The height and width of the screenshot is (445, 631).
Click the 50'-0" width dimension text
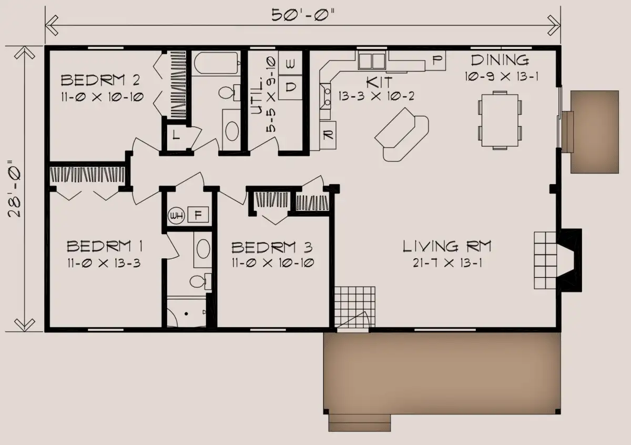[x=302, y=15]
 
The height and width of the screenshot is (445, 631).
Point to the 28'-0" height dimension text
[x=14, y=189]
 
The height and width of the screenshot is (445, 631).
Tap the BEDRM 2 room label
[x=100, y=80]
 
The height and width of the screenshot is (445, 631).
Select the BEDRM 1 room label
[x=105, y=246]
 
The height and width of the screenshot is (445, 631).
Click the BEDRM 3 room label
[x=272, y=247]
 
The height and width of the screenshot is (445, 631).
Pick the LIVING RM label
[x=447, y=246]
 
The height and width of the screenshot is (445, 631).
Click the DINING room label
[x=500, y=60]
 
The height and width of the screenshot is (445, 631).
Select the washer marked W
[x=290, y=63]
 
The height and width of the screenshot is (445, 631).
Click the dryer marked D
[x=290, y=87]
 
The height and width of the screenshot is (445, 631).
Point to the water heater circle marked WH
[x=176, y=216]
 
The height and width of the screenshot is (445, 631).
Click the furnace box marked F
[x=198, y=215]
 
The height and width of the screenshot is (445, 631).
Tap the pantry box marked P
[x=435, y=60]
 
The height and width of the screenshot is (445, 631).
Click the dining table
[x=500, y=120]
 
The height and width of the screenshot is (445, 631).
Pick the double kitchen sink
[x=372, y=61]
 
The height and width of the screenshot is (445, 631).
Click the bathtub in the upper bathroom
[x=216, y=63]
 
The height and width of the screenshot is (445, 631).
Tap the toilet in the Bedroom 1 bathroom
[x=201, y=281]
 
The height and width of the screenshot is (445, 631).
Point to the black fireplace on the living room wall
[x=569, y=260]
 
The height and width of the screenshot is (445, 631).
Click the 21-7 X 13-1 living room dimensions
[x=447, y=263]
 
